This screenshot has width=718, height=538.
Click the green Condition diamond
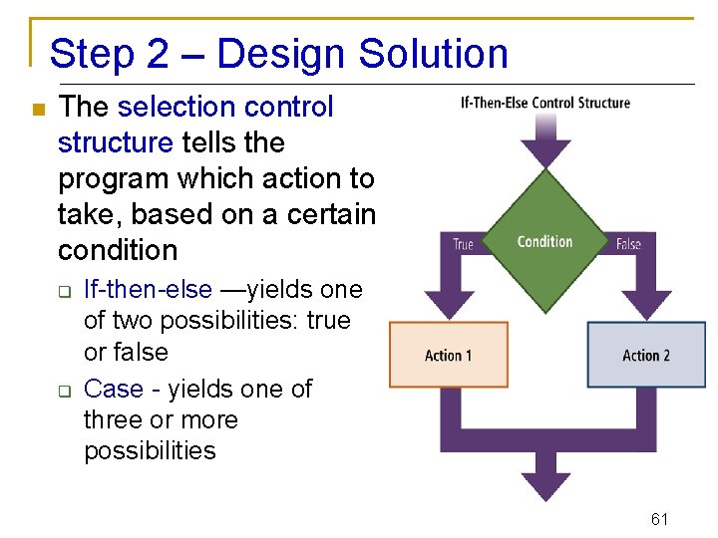click(x=544, y=241)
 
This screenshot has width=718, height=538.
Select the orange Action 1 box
click(x=448, y=355)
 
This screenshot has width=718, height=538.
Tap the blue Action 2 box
click(x=646, y=355)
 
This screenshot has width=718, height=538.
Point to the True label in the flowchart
click(x=463, y=244)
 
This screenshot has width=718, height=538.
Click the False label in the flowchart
click(x=628, y=244)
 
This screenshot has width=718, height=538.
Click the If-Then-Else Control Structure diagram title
click(x=544, y=103)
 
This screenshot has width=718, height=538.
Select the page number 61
click(x=658, y=518)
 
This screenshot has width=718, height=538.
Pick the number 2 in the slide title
click(x=158, y=54)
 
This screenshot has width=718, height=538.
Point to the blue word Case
click(x=113, y=389)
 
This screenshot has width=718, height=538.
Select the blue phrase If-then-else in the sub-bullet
click(x=148, y=290)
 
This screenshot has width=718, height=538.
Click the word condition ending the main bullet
click(x=118, y=250)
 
